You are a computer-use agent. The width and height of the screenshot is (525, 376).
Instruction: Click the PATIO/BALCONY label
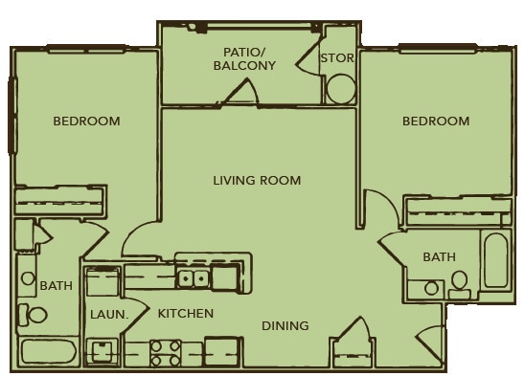[x=244, y=59]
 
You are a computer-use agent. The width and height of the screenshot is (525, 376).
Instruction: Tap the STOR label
[x=337, y=57]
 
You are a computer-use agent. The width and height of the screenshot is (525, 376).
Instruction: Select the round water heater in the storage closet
[x=341, y=89]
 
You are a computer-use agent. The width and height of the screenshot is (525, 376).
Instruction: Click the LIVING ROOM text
[x=257, y=181]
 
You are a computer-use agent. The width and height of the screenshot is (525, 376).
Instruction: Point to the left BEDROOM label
[x=87, y=121]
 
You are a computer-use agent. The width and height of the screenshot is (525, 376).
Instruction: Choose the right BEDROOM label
[x=436, y=121]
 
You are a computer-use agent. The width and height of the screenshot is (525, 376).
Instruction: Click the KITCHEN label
[x=186, y=314]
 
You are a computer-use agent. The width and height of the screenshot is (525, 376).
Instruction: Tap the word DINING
[x=285, y=325]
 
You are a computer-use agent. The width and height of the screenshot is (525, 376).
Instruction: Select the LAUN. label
[x=109, y=315]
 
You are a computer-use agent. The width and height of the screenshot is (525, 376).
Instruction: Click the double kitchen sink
[x=194, y=278]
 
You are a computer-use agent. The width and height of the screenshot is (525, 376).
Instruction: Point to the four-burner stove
[x=166, y=354]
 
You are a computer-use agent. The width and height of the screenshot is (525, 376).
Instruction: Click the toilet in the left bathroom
[x=33, y=315]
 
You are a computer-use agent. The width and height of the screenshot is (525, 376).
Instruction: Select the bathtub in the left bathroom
[x=49, y=353]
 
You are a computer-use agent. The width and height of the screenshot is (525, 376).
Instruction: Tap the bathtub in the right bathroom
[x=496, y=260]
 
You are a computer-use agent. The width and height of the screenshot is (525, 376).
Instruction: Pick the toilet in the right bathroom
[x=460, y=284]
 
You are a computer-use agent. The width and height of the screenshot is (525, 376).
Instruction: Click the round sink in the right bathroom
[x=431, y=288]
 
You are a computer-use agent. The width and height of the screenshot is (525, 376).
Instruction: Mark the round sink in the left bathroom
[x=28, y=278]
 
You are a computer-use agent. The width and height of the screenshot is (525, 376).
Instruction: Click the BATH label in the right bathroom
[x=440, y=257]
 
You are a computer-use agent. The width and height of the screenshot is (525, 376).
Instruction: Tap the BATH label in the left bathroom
[x=57, y=286]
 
